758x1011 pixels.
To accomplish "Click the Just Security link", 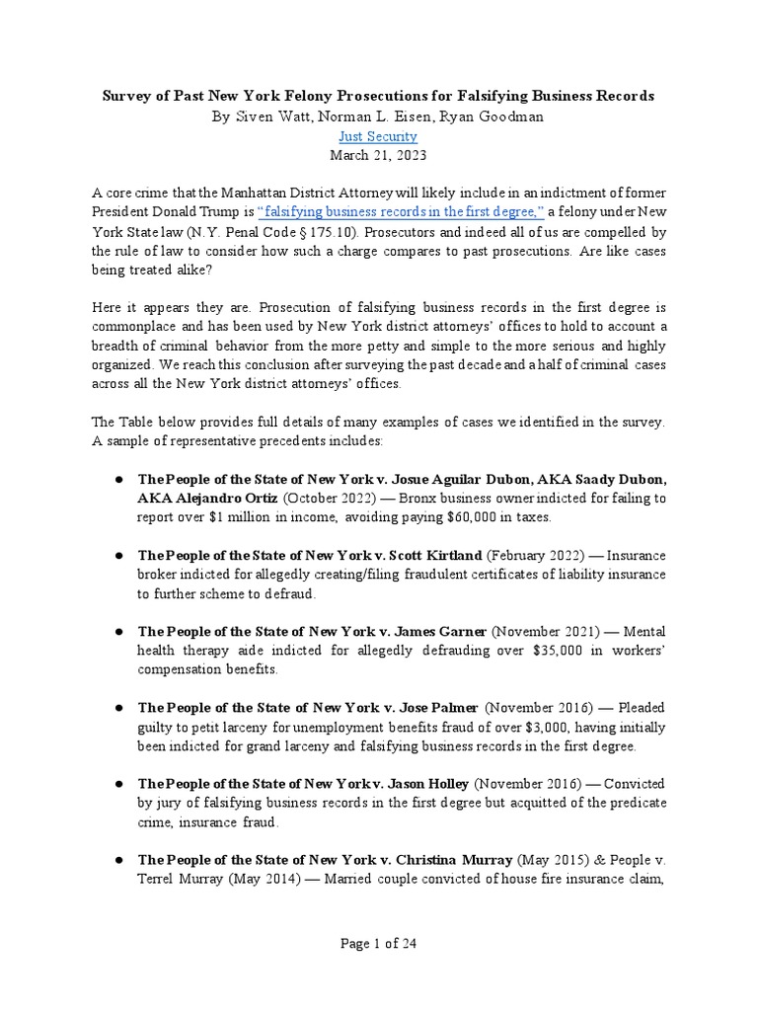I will click(x=378, y=135).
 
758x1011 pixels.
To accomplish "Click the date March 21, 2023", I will click(x=378, y=155).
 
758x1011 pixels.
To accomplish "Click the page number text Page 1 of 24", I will click(x=378, y=943).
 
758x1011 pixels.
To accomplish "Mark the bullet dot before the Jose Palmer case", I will click(x=117, y=708).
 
